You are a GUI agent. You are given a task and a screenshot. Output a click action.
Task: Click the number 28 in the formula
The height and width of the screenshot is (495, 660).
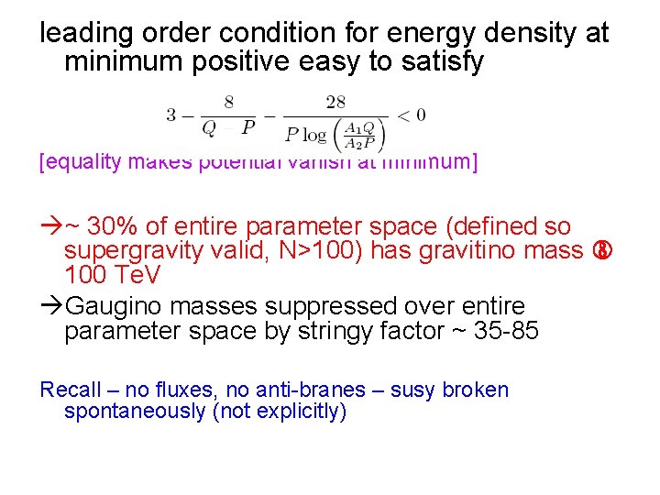(x=335, y=102)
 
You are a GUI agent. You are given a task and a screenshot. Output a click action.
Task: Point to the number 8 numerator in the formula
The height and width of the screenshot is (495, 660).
(x=228, y=102)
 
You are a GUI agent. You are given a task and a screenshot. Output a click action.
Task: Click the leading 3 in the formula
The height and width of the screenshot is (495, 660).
(x=171, y=115)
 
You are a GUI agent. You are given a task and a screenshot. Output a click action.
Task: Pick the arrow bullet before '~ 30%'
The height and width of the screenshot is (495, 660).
(x=51, y=227)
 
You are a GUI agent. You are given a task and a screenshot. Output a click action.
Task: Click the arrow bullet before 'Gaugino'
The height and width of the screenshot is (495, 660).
(x=51, y=305)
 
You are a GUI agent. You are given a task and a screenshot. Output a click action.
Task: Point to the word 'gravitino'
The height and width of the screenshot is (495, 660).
(x=462, y=251)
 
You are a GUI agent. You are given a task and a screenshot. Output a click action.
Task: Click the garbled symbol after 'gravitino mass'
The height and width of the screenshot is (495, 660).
(x=602, y=251)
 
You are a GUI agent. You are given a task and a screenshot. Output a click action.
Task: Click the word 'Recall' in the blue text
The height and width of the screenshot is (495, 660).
(x=70, y=390)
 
